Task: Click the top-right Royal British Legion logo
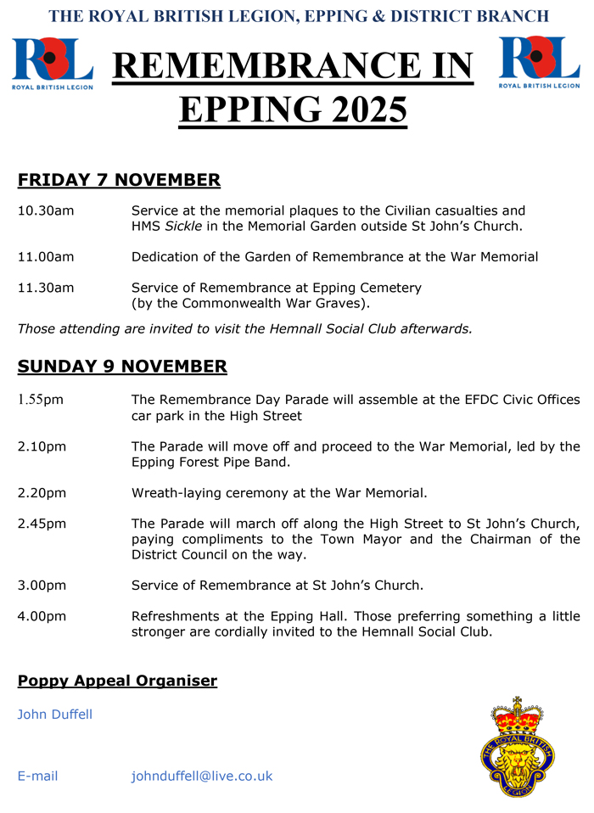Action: click(x=540, y=62)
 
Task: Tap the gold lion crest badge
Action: click(x=517, y=748)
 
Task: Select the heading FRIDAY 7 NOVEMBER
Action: click(x=119, y=180)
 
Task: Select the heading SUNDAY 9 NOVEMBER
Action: click(x=122, y=367)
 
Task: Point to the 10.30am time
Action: click(x=46, y=210)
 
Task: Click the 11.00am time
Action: click(x=46, y=257)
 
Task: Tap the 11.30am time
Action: click(x=46, y=288)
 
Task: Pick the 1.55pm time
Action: click(x=41, y=400)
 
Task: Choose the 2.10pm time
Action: click(x=42, y=446)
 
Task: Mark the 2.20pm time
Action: click(x=42, y=492)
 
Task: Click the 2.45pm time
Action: click(x=42, y=524)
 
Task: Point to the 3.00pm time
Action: click(x=42, y=586)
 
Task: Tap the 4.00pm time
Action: click(x=42, y=616)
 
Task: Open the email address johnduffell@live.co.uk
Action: click(x=202, y=776)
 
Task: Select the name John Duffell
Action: click(x=55, y=715)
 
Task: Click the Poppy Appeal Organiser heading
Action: click(x=117, y=681)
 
